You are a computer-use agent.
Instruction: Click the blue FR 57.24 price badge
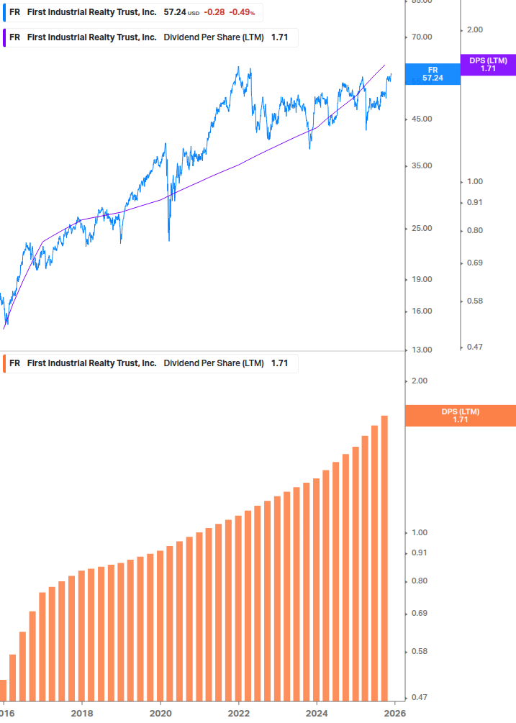tap(432, 74)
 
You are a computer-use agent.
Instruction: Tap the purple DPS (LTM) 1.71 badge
tap(488, 65)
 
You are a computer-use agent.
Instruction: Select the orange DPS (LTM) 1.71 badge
tap(461, 415)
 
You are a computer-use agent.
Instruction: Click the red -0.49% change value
tap(242, 13)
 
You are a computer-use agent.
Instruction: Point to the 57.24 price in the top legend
tap(173, 13)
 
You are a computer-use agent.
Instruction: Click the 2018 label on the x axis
tap(82, 713)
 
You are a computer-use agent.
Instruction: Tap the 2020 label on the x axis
tap(160, 713)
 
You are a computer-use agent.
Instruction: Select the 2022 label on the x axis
tap(238, 713)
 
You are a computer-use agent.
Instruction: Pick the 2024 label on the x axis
tap(317, 713)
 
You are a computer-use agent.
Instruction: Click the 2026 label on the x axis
tap(394, 713)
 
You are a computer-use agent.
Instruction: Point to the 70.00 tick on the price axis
tap(421, 37)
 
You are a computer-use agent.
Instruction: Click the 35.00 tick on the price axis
tap(421, 166)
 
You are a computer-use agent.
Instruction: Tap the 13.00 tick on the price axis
tap(421, 350)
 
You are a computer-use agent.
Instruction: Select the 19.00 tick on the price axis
tap(421, 280)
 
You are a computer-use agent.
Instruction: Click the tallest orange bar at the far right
tap(384, 558)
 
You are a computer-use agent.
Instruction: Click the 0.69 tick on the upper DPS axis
tap(474, 263)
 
